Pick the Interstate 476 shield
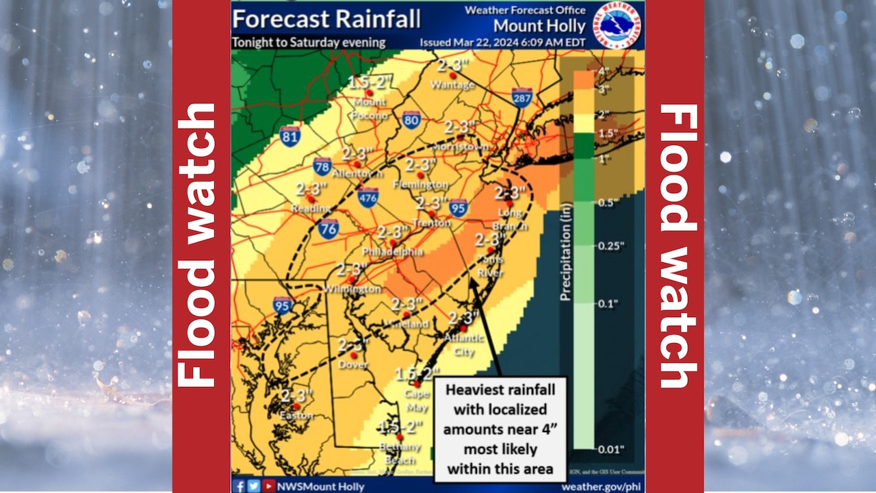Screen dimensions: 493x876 click(x=368, y=198)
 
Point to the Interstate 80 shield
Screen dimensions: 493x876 click(x=411, y=121)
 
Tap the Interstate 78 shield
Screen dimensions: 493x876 click(x=322, y=166)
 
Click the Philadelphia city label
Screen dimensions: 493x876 click(x=392, y=252)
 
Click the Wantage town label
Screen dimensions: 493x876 click(x=452, y=85)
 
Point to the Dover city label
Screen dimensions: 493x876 click(x=353, y=365)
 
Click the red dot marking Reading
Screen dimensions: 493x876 click(x=311, y=199)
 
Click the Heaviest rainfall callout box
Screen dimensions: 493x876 click(x=500, y=429)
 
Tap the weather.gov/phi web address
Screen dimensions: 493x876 click(x=600, y=486)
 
